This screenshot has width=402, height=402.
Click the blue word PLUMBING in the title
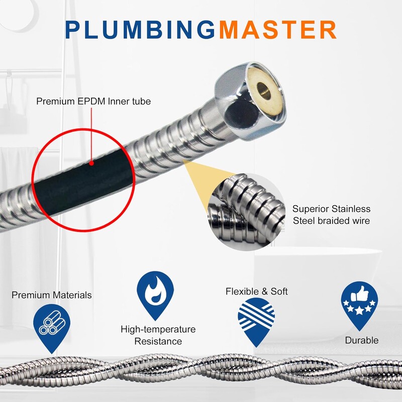point(140,30)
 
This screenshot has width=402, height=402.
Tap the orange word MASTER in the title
point(278,30)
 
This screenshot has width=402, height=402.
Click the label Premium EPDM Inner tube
point(93,102)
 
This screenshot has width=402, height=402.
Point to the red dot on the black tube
point(91,163)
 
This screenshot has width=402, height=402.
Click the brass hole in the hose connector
point(264,91)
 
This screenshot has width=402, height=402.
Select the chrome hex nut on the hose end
point(250,102)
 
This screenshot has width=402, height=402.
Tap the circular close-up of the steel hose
point(246,212)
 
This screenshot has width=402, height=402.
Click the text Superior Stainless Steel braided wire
point(331,215)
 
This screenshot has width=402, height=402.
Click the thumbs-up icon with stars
point(359,305)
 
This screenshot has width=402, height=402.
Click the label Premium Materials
point(52,295)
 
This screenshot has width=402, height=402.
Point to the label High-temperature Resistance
point(158,335)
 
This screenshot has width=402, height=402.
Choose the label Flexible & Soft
point(257,291)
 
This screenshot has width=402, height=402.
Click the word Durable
point(362,340)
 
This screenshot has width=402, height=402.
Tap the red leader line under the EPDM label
point(91,134)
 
